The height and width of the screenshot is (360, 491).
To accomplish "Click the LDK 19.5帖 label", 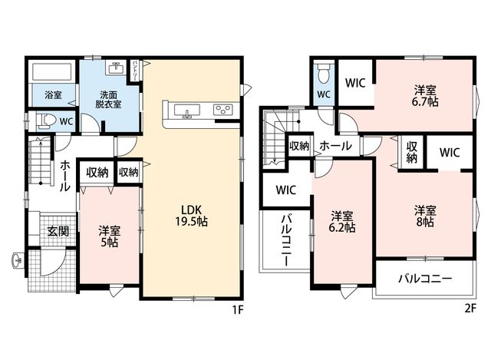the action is click(191, 215).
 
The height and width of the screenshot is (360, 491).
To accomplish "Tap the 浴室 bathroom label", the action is click(53, 94).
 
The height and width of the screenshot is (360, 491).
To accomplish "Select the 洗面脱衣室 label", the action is click(108, 99).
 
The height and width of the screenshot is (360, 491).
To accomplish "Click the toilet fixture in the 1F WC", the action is click(46, 121).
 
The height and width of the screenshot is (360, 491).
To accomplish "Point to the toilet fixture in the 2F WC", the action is click(323, 74).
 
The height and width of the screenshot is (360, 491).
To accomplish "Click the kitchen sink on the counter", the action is click(187, 111).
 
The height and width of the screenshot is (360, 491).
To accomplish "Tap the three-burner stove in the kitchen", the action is click(223, 110).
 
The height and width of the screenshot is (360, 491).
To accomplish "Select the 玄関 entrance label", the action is click(58, 231).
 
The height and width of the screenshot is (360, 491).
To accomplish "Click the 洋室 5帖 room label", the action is click(109, 236).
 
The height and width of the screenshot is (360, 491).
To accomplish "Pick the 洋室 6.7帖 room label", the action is click(425, 96).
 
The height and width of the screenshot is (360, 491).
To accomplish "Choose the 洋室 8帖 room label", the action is click(425, 216).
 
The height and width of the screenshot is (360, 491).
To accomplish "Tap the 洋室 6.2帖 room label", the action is click(342, 222).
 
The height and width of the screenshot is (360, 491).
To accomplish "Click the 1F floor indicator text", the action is click(238, 310).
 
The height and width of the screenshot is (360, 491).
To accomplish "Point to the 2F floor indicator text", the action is click(470, 309).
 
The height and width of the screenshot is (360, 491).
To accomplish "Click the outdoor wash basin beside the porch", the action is click(18, 260).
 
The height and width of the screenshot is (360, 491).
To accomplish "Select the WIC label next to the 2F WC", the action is click(355, 83).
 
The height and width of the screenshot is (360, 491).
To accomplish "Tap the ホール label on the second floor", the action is click(336, 146).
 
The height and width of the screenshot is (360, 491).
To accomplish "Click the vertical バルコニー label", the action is click(286, 240).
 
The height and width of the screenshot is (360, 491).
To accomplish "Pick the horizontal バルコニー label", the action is click(425, 278).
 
